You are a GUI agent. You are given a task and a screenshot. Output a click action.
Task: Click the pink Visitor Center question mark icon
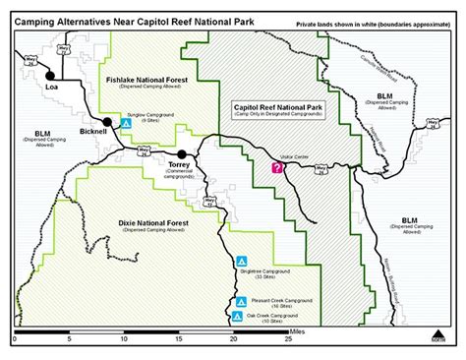point(277,168)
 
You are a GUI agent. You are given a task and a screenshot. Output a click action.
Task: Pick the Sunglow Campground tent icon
point(126,123)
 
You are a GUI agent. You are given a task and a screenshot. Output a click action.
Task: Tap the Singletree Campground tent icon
point(241,263)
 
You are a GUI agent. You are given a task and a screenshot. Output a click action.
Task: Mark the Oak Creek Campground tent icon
point(238,317)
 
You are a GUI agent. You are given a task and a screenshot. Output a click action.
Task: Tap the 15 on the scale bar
point(178,339)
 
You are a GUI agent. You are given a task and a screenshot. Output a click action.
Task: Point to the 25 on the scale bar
point(288,339)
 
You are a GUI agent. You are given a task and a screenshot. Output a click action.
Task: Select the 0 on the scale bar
point(15,339)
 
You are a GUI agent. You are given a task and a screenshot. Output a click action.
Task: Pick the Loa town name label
point(53,87)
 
